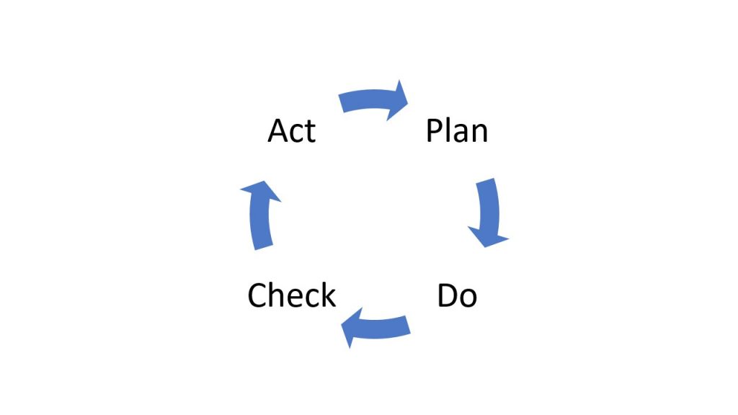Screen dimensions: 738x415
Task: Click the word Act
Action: [x=292, y=131]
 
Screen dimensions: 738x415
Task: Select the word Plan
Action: [x=456, y=130]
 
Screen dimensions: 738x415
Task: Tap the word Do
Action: [x=457, y=295]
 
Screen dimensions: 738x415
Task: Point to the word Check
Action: [x=292, y=295]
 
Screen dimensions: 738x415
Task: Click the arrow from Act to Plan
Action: [x=372, y=100]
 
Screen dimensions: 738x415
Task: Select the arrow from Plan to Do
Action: [x=489, y=212]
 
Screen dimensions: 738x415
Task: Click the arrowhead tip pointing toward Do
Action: [x=486, y=247]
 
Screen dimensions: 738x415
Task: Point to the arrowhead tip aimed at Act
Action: [x=263, y=181]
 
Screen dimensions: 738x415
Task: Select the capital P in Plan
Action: [x=435, y=131]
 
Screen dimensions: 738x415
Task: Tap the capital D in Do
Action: [x=448, y=295]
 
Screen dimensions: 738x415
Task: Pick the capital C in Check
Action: [x=257, y=295]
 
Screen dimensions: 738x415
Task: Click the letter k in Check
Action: [x=328, y=295]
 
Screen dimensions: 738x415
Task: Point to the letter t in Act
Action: [x=311, y=133]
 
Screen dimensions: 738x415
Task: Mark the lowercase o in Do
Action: [x=468, y=299]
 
